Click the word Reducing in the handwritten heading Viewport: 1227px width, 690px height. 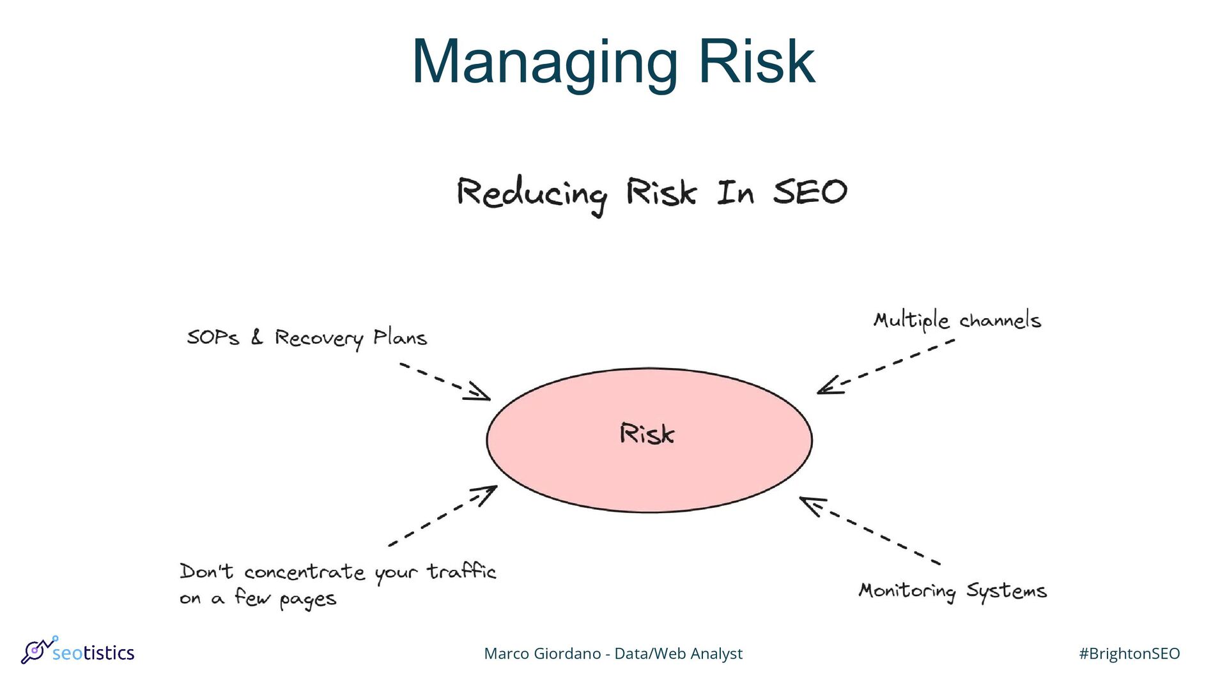pos(532,194)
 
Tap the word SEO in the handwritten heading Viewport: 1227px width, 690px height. pos(810,192)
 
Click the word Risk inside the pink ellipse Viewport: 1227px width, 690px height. pos(647,434)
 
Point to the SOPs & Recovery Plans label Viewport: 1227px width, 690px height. pos(307,337)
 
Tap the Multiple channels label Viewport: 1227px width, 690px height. pos(957,320)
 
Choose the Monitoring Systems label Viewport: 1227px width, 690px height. pos(952,591)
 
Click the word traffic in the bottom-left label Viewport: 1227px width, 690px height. pos(461,571)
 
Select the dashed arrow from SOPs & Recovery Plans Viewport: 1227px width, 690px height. pos(444,381)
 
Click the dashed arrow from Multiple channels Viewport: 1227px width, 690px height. pos(885,367)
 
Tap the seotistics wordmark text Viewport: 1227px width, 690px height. pos(93,653)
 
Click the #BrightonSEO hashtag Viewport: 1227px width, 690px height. pos(1129,654)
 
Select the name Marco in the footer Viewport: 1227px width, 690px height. pos(507,654)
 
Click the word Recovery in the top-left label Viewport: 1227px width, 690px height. pos(318,338)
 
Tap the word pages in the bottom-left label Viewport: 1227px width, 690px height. pos(307,600)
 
